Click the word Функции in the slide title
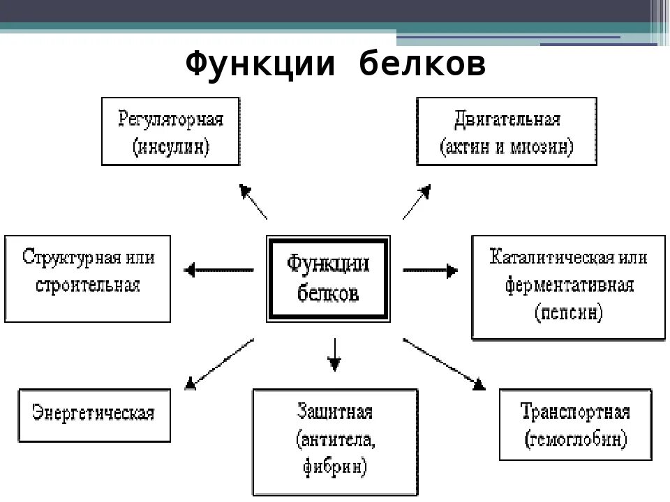click(x=262, y=66)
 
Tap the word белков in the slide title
click(x=422, y=66)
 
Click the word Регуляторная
click(x=170, y=119)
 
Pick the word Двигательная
click(x=507, y=119)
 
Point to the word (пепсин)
click(x=569, y=313)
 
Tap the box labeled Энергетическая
click(x=93, y=413)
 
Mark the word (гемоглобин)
click(x=576, y=440)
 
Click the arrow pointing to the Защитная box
click(x=335, y=355)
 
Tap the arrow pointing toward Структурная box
click(x=218, y=268)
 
